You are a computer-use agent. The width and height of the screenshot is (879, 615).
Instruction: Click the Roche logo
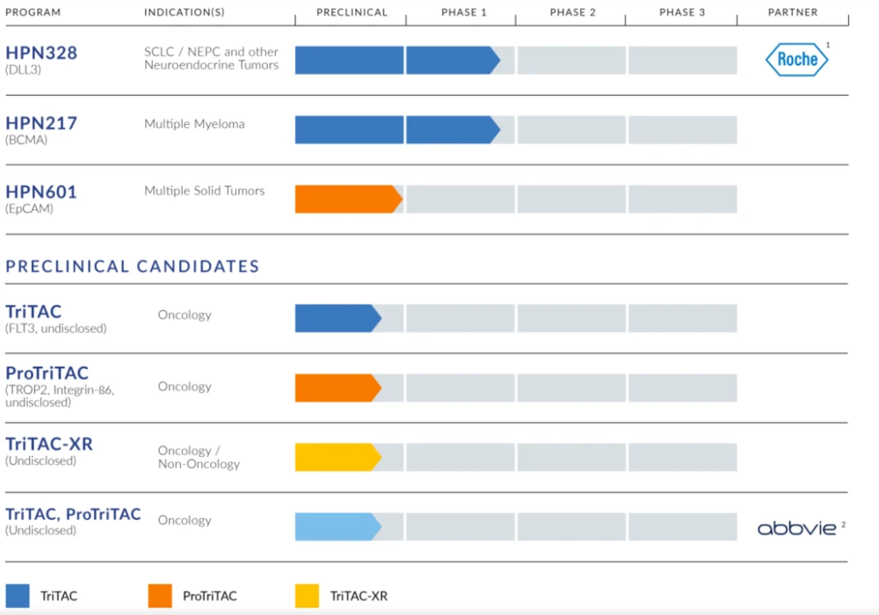pos(796,60)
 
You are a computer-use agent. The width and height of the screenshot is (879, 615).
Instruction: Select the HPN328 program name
pos(41,53)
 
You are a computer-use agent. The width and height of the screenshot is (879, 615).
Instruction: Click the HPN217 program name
pos(41,123)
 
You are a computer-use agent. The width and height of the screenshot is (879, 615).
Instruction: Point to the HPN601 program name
pos(41,192)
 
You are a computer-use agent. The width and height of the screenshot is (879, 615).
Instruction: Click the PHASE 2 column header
pos(572,12)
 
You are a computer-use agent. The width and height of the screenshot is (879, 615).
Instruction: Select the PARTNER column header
pos(793,12)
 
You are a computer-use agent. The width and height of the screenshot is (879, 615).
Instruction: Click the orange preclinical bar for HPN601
pos(346,199)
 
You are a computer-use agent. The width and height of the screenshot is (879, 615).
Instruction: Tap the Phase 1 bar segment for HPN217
pos(451,129)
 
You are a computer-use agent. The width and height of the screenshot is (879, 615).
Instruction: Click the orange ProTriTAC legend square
pos(160,596)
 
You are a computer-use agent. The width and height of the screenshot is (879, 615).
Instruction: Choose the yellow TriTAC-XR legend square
pos(307,596)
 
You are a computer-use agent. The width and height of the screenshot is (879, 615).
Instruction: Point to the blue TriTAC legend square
pos(18,596)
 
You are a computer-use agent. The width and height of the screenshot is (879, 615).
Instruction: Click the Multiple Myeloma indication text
pos(194,124)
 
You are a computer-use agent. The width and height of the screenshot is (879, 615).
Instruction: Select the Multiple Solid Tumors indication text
pos(204,191)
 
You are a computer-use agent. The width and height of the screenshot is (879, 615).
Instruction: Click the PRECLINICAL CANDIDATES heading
pos(133,266)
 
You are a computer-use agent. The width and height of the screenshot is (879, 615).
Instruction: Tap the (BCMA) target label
pos(26,140)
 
